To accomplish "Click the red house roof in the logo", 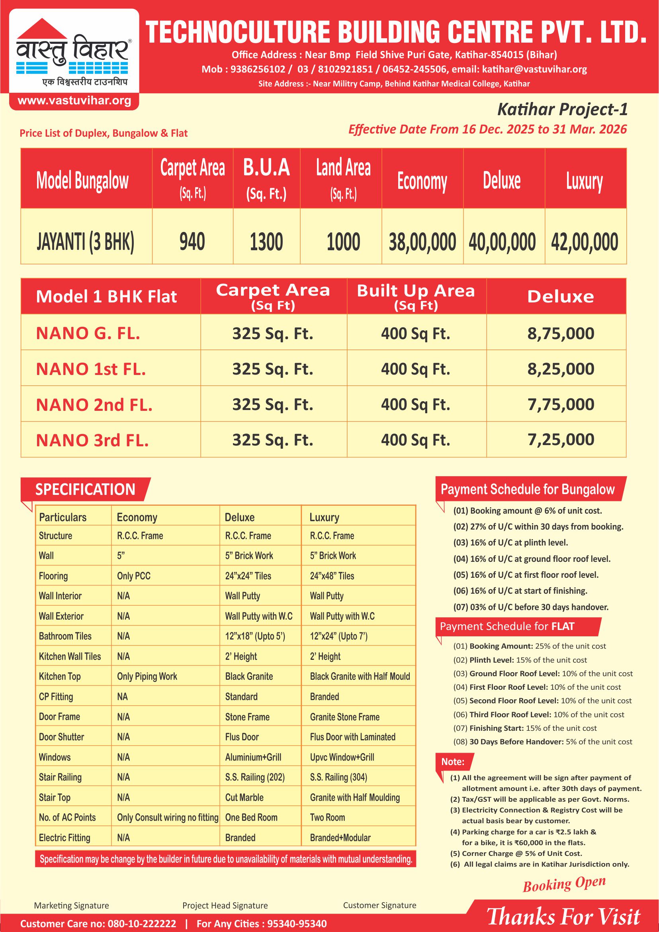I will click(x=42, y=29).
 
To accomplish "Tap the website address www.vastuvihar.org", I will click(x=74, y=101).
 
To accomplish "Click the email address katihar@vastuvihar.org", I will click(x=534, y=69).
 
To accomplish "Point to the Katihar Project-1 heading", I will click(x=562, y=109).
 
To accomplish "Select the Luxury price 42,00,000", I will click(x=584, y=241).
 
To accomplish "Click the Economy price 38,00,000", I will click(x=422, y=241).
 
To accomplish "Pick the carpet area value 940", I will click(x=192, y=241).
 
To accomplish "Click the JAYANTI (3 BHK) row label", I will click(x=85, y=241).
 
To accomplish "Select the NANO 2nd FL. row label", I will click(x=94, y=405).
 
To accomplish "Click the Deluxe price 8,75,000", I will click(x=561, y=334).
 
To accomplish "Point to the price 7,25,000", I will click(x=561, y=440).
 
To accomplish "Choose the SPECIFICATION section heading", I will click(x=85, y=489).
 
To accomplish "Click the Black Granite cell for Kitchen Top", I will click(x=249, y=676).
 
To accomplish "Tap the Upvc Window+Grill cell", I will click(x=342, y=757).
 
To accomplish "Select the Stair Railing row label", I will click(x=60, y=777).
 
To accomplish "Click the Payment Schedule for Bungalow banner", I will click(x=528, y=489).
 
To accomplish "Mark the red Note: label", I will click(x=452, y=761).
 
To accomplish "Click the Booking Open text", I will click(x=564, y=884).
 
